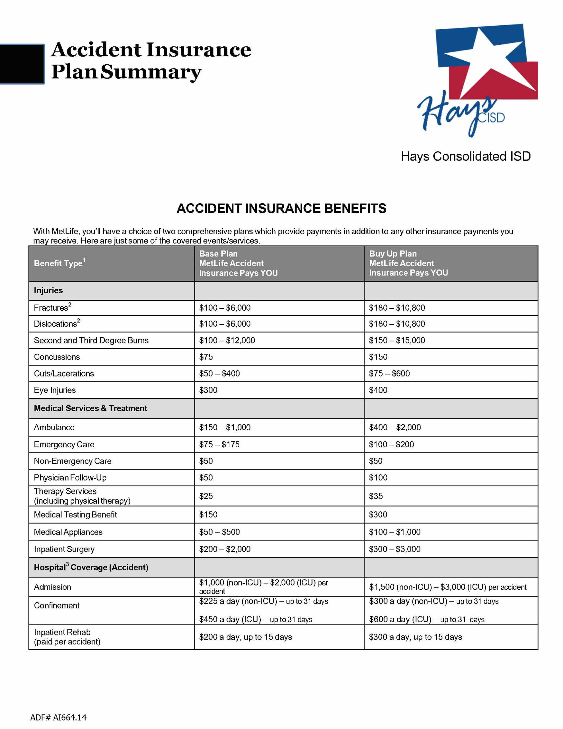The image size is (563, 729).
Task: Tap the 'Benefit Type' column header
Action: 59,263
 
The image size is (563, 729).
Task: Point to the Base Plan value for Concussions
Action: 206,357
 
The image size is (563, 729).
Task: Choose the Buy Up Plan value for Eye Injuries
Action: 378,390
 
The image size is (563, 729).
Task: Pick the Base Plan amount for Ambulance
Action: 225,427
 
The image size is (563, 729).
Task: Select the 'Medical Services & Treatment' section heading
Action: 90,408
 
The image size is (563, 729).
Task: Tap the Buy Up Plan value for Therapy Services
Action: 375,496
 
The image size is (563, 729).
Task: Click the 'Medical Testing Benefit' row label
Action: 75,514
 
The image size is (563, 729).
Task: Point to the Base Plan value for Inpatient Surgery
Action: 225,549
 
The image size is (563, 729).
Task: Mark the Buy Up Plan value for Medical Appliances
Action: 394,532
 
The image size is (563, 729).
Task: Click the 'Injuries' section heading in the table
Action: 48,290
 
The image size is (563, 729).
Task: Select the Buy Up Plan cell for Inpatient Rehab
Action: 415,637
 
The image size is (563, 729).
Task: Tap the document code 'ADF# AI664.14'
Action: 58,717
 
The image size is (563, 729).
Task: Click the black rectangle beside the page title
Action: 22,64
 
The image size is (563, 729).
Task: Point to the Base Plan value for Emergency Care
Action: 219,444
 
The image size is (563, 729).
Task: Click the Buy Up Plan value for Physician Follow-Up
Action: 378,478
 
